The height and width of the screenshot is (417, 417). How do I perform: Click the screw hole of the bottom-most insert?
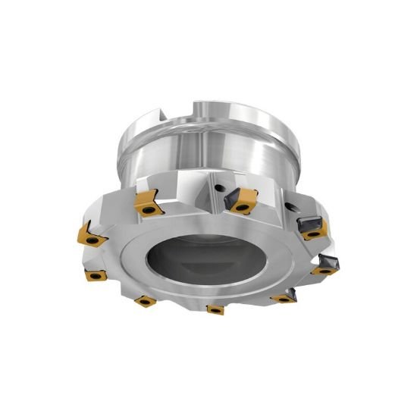click(x=215, y=309)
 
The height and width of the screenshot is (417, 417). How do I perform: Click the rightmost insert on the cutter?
click(x=327, y=265)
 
